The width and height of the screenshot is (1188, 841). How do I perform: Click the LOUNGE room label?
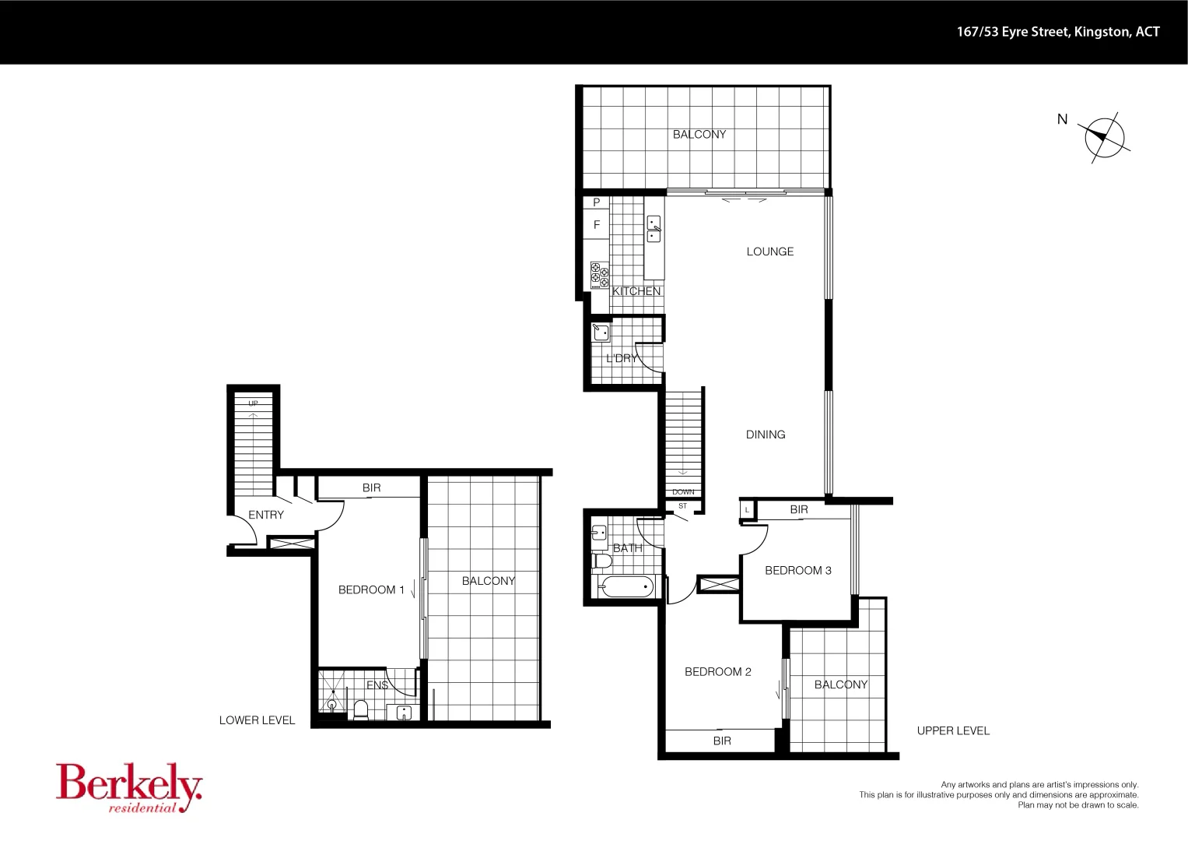(769, 252)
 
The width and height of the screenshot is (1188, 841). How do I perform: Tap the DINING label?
(765, 435)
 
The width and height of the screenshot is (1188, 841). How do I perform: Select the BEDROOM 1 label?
(371, 590)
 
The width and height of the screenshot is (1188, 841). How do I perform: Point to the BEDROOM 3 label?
(797, 571)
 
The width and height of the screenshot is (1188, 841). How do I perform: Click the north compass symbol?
(1104, 137)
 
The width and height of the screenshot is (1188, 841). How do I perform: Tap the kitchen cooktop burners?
(600, 275)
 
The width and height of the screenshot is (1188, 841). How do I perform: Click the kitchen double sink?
(654, 229)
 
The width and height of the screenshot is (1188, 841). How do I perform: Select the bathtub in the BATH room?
(627, 587)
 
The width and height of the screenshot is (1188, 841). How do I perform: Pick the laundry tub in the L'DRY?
(601, 333)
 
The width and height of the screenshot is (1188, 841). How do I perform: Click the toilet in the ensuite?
(360, 709)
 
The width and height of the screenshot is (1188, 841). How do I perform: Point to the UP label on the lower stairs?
(253, 403)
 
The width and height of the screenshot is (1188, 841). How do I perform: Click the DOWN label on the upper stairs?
(683, 492)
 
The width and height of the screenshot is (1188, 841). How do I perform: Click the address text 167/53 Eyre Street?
(1057, 32)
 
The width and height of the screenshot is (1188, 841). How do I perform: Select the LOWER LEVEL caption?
(257, 720)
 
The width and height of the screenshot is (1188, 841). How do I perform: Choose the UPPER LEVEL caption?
(953, 730)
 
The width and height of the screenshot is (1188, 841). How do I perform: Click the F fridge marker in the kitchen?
(597, 225)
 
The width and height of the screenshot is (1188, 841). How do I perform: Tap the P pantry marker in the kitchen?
(597, 202)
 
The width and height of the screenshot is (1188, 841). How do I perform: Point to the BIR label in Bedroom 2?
(721, 741)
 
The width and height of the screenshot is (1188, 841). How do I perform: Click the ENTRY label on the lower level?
(266, 515)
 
